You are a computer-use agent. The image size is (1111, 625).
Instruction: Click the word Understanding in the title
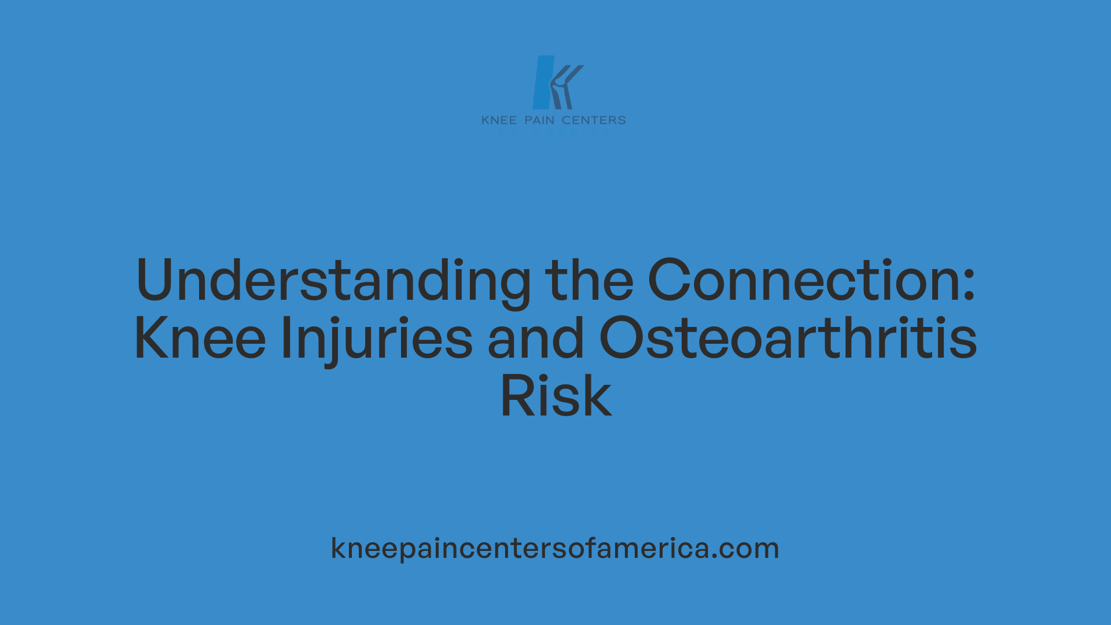[x=333, y=281]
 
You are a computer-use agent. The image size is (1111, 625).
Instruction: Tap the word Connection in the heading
[x=804, y=281]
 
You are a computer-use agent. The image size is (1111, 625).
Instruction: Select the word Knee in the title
[x=200, y=339]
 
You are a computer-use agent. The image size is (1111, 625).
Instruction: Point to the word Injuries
[x=376, y=339]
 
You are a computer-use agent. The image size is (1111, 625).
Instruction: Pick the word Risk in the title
[x=555, y=397]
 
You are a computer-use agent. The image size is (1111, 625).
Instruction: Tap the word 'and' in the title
[x=535, y=339]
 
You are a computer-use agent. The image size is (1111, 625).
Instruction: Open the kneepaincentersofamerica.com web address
[x=554, y=548]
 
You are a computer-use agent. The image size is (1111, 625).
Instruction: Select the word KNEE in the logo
[x=499, y=120]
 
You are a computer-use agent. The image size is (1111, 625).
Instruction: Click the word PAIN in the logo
[x=539, y=120]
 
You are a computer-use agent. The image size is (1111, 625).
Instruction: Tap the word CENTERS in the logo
[x=594, y=120]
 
